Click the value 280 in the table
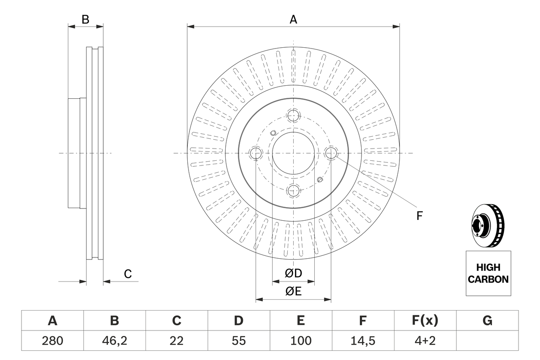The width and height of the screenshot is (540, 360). [x=52, y=341]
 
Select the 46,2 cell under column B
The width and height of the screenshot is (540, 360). [x=114, y=341]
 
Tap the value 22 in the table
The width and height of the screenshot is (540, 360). [x=176, y=341]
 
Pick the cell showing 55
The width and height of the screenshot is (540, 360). [x=238, y=341]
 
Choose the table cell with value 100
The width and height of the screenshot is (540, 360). [x=300, y=341]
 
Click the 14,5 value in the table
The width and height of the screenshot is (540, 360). [x=362, y=341]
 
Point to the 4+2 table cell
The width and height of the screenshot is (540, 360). [x=425, y=341]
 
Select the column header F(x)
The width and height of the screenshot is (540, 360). [x=425, y=321]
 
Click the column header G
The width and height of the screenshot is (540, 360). [x=487, y=321]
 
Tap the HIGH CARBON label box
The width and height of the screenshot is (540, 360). [x=488, y=273]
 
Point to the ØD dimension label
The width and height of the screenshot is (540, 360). [x=294, y=273]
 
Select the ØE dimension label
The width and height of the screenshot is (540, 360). [x=294, y=291]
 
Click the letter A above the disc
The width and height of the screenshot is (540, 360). [x=293, y=19]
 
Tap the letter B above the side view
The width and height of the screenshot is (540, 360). [x=85, y=19]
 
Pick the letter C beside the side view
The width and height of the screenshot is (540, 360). [x=128, y=274]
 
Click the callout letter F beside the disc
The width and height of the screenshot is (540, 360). [x=419, y=216]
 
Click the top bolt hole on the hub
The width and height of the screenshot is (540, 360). [x=293, y=115]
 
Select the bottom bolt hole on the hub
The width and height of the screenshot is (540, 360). [x=293, y=190]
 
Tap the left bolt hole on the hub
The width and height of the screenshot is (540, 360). [x=256, y=153]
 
